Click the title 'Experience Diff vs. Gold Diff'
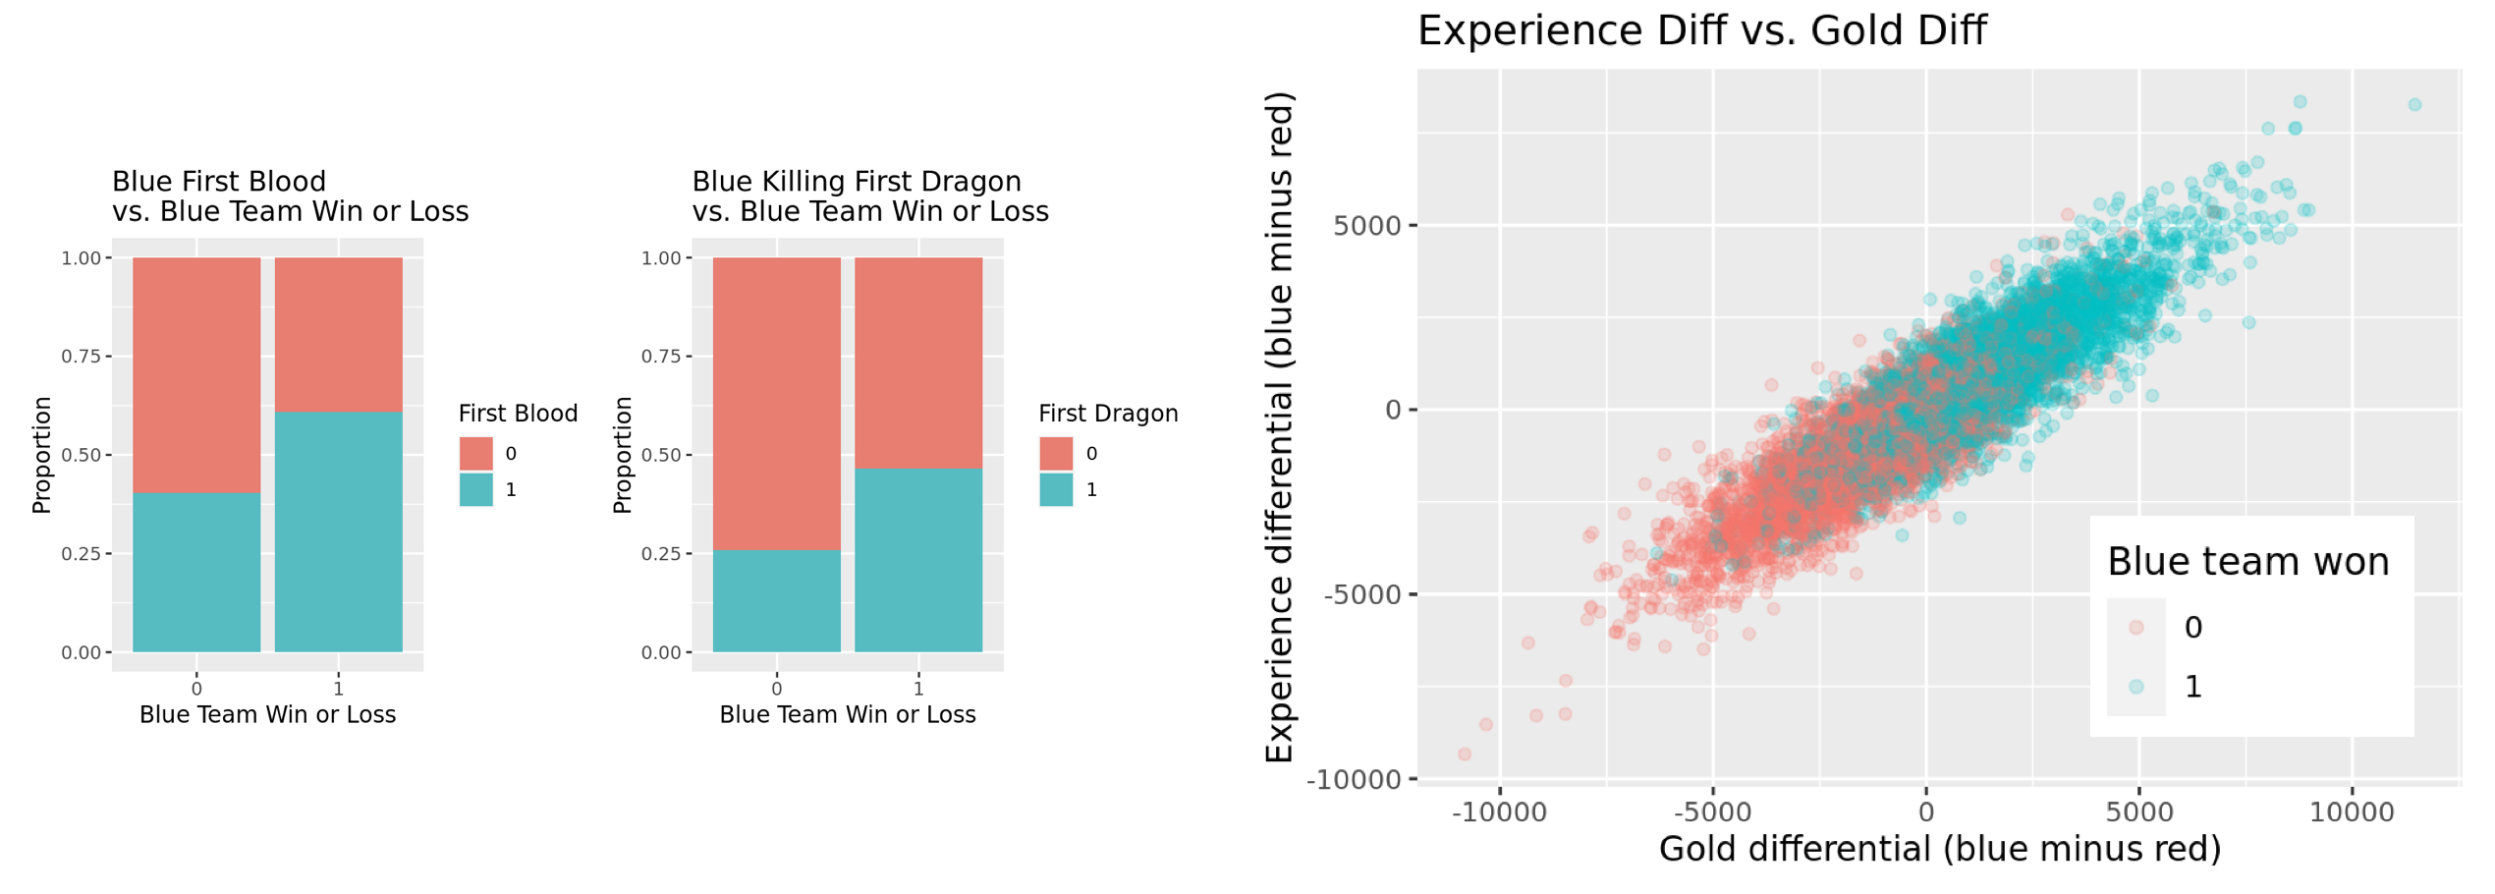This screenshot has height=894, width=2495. coord(1701,30)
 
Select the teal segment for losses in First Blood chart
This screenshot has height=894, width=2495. coord(196,572)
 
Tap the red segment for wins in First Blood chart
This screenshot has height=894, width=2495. coord(338,334)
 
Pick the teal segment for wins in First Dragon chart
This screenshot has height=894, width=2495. coord(918,560)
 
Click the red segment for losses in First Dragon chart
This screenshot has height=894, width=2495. coord(776,403)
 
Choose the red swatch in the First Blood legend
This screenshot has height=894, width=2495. coord(476,453)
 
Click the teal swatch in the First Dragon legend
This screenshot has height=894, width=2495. coord(1056,489)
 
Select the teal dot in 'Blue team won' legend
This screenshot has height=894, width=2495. coord(2135,687)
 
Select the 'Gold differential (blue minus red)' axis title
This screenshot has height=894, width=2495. coord(1939,849)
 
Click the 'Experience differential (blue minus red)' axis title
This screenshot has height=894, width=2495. coord(1279,427)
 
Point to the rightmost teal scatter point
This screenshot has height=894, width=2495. coord(2414,105)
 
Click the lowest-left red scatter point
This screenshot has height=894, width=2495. coord(1465,754)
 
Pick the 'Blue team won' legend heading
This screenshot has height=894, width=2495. coord(2247,562)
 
